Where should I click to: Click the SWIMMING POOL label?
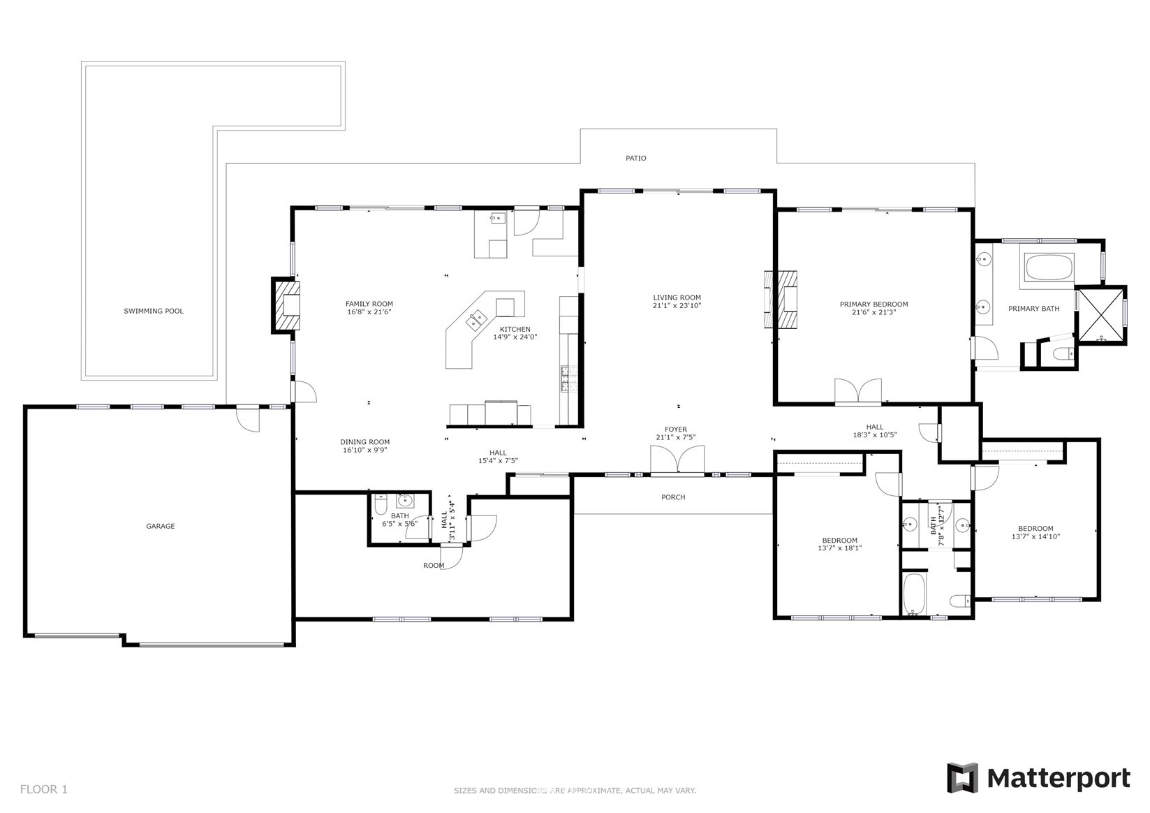tap(154, 311)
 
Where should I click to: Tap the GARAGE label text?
tap(160, 526)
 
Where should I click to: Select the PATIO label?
tap(635, 158)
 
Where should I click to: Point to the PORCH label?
tap(673, 497)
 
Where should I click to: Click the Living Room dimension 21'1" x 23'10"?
tap(677, 306)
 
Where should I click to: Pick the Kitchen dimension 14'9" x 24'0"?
tap(515, 337)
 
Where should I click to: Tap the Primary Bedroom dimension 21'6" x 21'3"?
tap(873, 312)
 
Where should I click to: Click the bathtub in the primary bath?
tap(1049, 268)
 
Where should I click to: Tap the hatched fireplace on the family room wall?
tap(286, 306)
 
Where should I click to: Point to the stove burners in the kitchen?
tap(569, 379)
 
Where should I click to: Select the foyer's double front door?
tap(677, 460)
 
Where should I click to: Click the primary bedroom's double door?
tap(858, 392)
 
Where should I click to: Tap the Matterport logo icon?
tap(962, 778)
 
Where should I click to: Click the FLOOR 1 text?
tap(43, 789)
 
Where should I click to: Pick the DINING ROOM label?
tap(364, 442)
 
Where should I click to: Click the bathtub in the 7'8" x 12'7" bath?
tap(914, 594)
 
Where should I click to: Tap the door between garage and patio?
tap(248, 418)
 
